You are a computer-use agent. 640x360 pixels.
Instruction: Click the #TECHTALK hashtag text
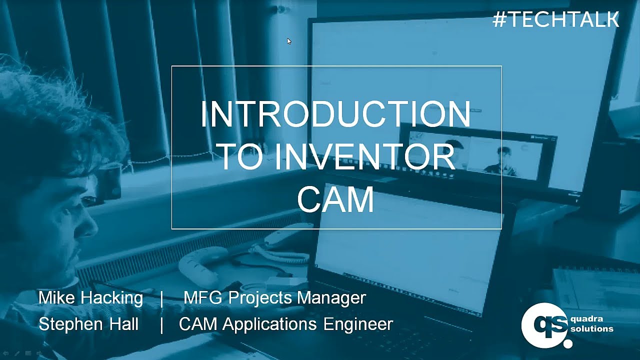coord(555,19)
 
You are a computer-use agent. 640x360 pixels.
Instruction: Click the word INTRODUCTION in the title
coord(335,114)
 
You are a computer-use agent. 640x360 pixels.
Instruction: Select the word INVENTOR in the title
coord(365,157)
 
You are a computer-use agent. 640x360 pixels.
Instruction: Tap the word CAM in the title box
coord(335,199)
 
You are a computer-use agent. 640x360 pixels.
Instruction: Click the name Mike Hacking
coord(90,298)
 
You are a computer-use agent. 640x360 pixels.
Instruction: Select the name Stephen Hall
coord(88,324)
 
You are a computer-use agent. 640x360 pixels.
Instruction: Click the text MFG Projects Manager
coord(274,298)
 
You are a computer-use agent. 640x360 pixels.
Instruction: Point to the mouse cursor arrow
coord(289,41)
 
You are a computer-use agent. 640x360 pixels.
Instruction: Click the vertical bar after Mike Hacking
coord(162,298)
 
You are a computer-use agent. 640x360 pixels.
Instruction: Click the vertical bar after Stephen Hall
coord(161,324)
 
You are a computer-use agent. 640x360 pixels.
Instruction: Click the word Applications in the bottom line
coord(269,324)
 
